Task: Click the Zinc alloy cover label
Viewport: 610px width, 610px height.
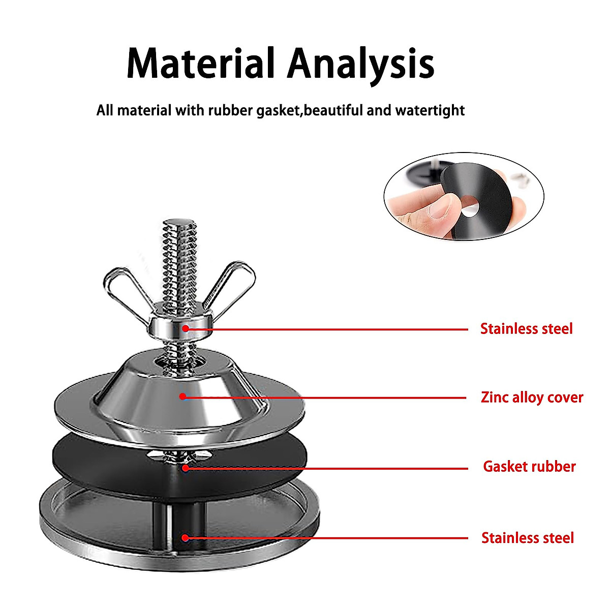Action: [x=532, y=397]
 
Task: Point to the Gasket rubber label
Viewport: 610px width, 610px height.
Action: [x=529, y=467]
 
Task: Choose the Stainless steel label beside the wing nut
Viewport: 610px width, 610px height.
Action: [x=526, y=329]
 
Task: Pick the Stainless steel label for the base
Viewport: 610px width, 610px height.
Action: [x=527, y=538]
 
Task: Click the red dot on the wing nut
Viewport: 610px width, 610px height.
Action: [x=186, y=328]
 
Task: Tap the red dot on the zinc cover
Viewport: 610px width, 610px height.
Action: [x=182, y=396]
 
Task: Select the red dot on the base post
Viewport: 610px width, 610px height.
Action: [x=186, y=537]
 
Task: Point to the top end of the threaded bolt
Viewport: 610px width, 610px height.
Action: [x=179, y=224]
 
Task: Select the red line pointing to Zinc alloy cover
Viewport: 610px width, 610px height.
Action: [x=325, y=397]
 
